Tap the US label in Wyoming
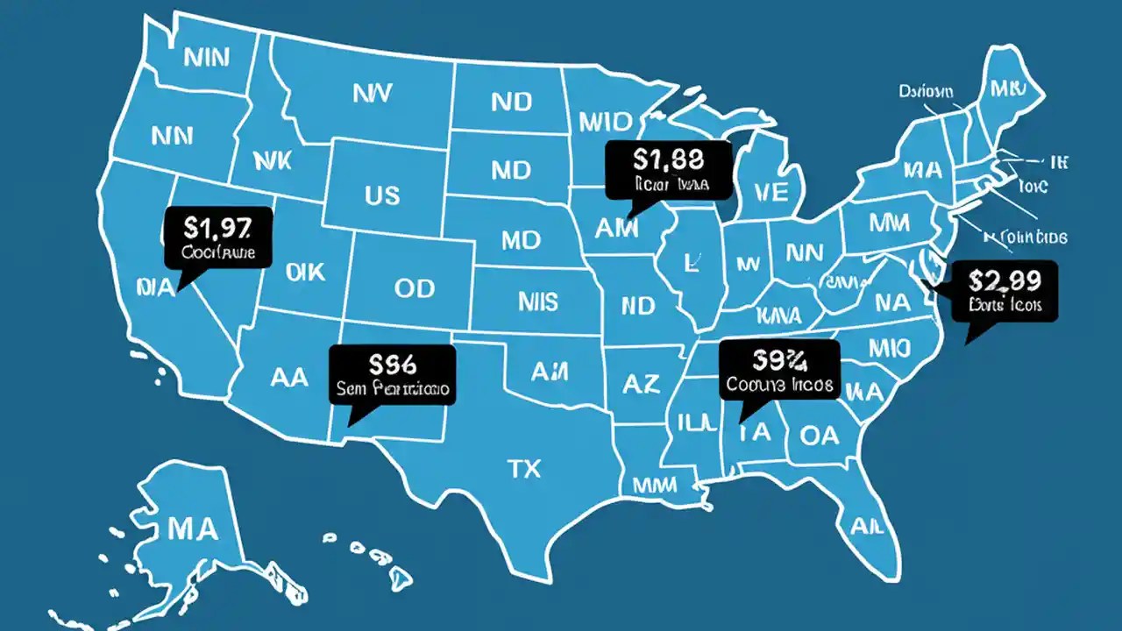tap(382, 195)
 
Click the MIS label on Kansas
tap(537, 302)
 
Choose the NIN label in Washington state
tap(208, 58)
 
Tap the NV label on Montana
tap(372, 94)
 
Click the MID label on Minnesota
tap(600, 120)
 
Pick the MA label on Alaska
tap(192, 528)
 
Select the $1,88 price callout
tap(668, 169)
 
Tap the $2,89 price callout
tap(1005, 291)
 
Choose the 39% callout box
tap(779, 369)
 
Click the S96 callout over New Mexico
tap(393, 374)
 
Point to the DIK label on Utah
tap(305, 273)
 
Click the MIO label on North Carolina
tap(890, 349)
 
